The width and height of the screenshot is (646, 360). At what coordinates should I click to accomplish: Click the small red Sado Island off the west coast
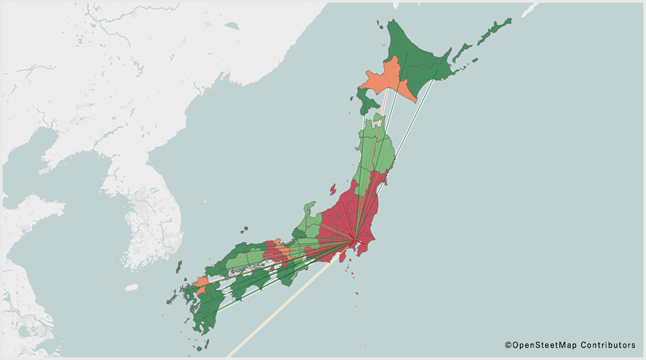(332, 189)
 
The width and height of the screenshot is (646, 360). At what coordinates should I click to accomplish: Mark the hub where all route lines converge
(355, 241)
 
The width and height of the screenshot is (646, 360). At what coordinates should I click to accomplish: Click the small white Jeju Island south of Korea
(131, 288)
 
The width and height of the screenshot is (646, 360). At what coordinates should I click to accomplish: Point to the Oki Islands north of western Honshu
(247, 229)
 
